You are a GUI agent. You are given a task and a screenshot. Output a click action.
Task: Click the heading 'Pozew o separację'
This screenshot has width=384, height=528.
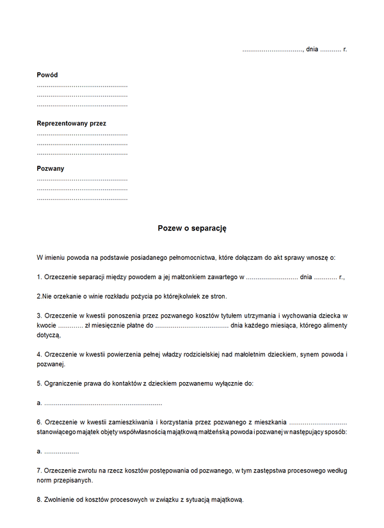pyautogui.click(x=192, y=228)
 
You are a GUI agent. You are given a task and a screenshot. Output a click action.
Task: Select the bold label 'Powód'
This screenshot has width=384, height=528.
pyautogui.click(x=47, y=75)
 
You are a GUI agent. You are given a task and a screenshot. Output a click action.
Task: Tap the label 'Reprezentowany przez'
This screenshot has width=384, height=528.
pyautogui.click(x=71, y=122)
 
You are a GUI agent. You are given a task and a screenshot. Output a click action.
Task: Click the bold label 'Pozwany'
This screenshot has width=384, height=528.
pyautogui.click(x=51, y=169)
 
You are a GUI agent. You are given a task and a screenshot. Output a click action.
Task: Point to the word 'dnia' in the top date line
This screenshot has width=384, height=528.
pyautogui.click(x=312, y=49)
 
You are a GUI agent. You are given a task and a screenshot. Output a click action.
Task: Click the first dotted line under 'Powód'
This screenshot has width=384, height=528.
pyautogui.click(x=82, y=86)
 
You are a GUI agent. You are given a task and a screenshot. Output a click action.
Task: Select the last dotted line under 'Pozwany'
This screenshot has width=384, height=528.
pyautogui.click(x=82, y=199)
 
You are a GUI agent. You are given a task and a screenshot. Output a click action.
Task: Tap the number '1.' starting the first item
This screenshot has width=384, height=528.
pyautogui.click(x=40, y=277)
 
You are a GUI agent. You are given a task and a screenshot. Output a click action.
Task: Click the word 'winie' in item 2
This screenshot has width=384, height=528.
pyautogui.click(x=91, y=296)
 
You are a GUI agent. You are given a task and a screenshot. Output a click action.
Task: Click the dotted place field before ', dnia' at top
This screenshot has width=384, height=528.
pyautogui.click(x=272, y=49)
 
